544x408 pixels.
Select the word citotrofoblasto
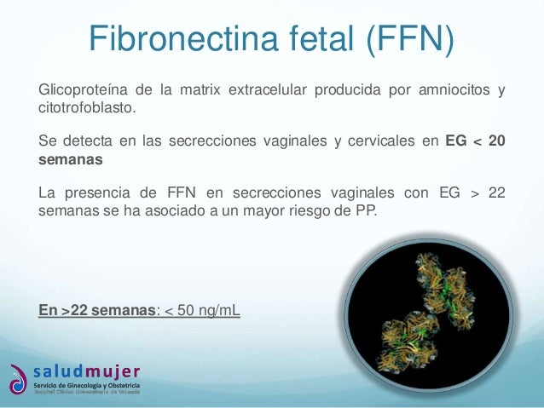pos(85,108)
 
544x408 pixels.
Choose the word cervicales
pos(380,141)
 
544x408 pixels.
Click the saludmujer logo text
pos(87,371)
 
